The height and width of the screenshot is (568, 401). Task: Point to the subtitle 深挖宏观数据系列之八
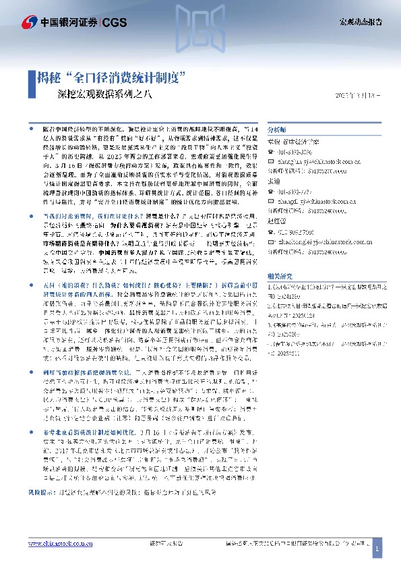101,94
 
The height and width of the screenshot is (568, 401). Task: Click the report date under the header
358,95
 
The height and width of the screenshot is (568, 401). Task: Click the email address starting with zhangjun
314,162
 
